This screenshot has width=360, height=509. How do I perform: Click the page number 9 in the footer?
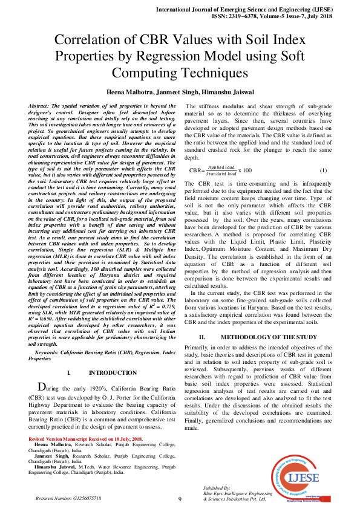coord(180,499)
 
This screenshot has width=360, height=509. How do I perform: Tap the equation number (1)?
coord(323,170)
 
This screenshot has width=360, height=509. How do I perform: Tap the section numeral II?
coord(203,337)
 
